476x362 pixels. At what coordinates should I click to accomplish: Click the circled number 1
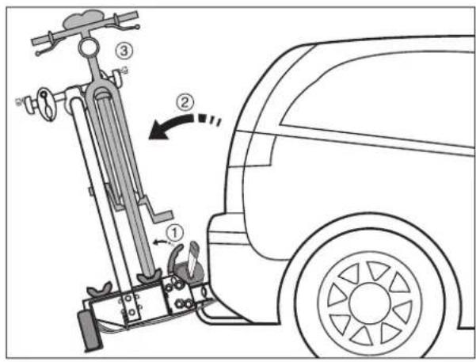174,233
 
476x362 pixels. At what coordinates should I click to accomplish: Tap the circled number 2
185,102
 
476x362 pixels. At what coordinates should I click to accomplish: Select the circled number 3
124,51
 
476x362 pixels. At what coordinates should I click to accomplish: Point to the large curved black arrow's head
159,130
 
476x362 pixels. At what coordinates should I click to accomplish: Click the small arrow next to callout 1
160,242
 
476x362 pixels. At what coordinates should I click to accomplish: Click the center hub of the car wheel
369,303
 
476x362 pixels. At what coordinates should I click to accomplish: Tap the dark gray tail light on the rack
89,330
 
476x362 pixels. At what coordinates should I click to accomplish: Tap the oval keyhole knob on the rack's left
48,104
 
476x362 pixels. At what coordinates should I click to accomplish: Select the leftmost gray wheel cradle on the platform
99,289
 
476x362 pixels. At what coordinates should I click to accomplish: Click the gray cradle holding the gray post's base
149,276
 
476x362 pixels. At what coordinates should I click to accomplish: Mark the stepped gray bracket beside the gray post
155,210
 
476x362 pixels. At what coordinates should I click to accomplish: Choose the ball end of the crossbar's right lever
138,27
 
